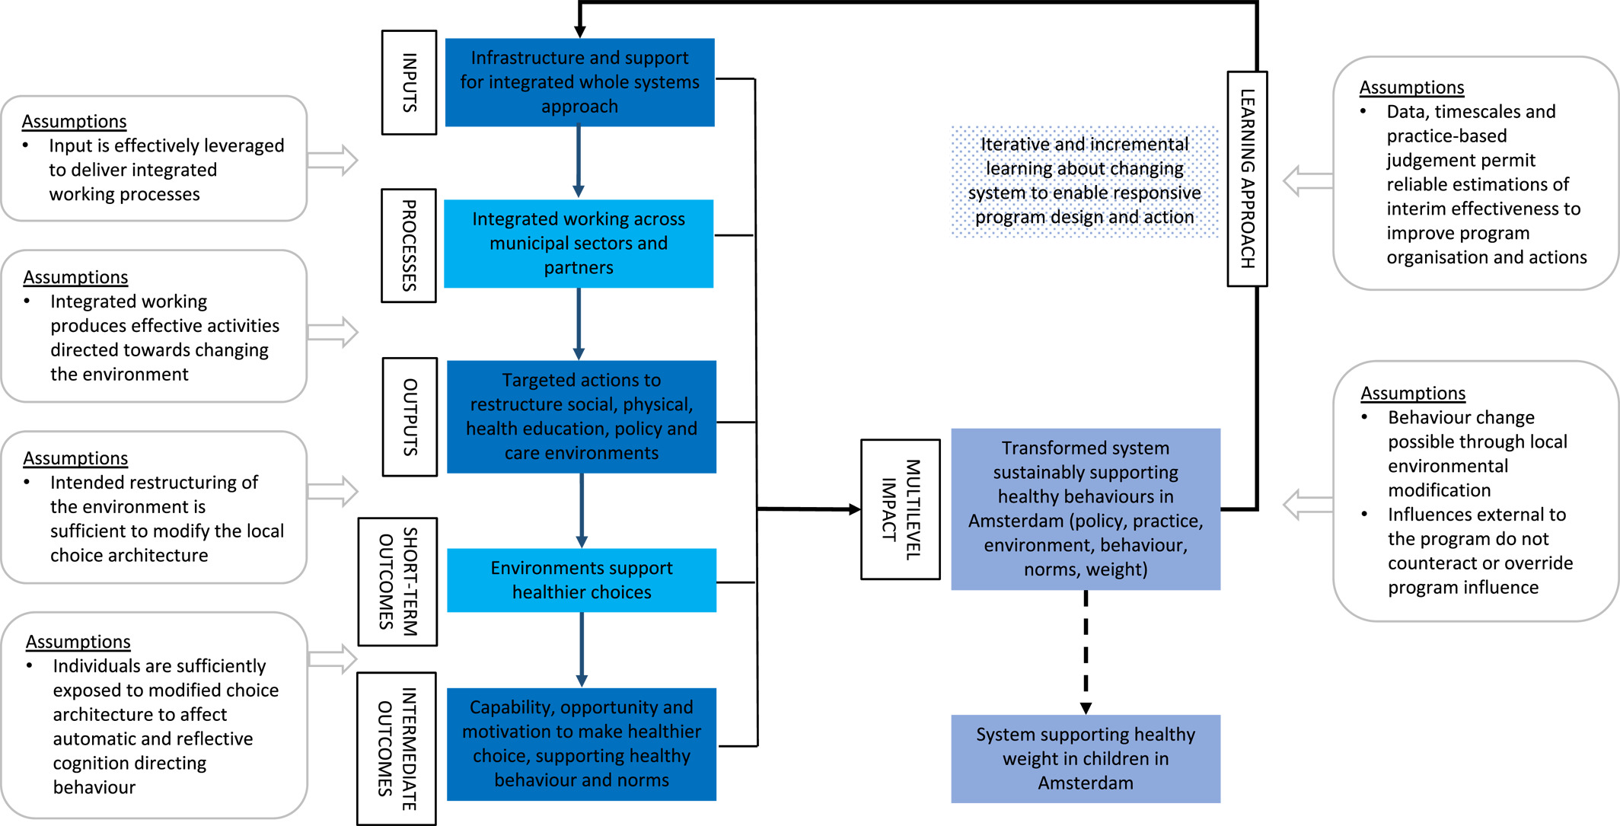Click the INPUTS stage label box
(409, 82)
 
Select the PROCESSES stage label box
(409, 245)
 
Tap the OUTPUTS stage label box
(410, 416)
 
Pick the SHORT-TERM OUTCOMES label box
(397, 582)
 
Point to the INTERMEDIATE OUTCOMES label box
(397, 748)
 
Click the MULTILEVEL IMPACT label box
(901, 509)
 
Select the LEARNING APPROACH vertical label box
(1247, 179)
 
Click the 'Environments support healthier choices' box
(582, 580)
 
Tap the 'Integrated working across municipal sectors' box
(579, 244)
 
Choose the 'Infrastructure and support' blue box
(579, 82)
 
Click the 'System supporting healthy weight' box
(1086, 759)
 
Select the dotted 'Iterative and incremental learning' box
(1085, 181)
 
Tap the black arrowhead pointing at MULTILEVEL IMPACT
(855, 509)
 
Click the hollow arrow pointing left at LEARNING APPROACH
(1308, 181)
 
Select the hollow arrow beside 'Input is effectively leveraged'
(333, 160)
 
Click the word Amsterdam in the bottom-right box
(1086, 783)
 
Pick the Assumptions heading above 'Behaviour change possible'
(1413, 393)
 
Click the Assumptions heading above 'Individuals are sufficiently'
(78, 642)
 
